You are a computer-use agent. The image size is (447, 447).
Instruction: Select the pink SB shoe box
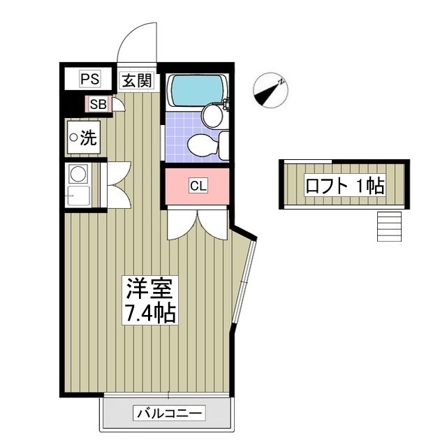[x=98, y=105]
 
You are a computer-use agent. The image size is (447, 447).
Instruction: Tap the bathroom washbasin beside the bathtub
[x=211, y=115]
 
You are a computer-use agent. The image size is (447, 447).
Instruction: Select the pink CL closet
[x=198, y=186]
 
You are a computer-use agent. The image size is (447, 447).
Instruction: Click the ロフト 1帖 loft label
[x=344, y=185]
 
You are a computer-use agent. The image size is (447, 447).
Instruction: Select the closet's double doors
[x=198, y=223]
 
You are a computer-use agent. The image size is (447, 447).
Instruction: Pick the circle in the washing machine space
[x=73, y=138]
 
